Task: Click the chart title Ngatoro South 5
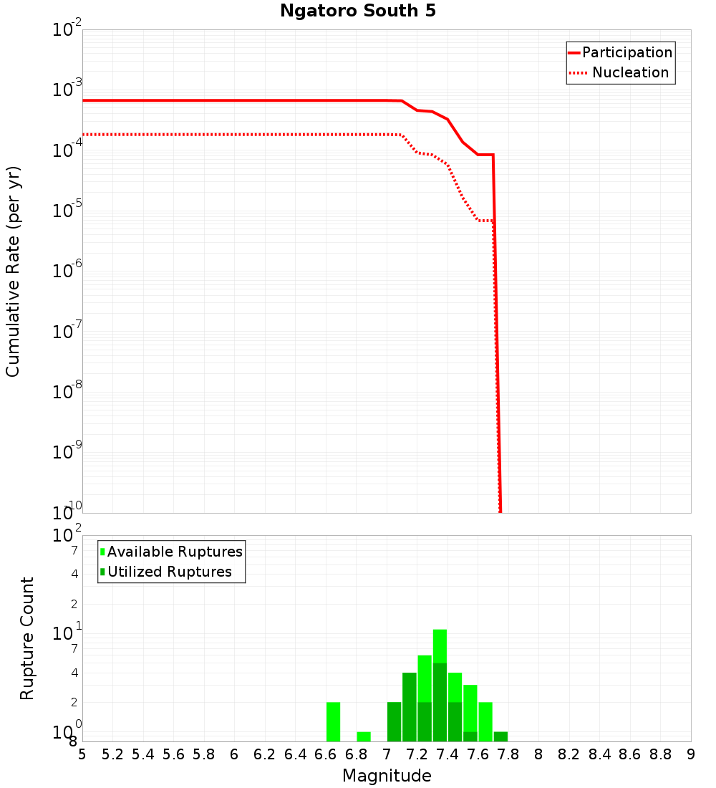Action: pyautogui.click(x=357, y=11)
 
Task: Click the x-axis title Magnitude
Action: pyautogui.click(x=387, y=775)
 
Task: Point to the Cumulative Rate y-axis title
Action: pyautogui.click(x=13, y=271)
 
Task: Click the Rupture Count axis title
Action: pyautogui.click(x=27, y=638)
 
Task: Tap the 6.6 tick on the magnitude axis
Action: pyautogui.click(x=326, y=754)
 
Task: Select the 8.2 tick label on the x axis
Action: pyautogui.click(x=569, y=754)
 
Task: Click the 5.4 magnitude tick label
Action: pyautogui.click(x=143, y=754)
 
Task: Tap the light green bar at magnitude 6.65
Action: pyautogui.click(x=333, y=721)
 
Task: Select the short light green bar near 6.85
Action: pyautogui.click(x=364, y=736)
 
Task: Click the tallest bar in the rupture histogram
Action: pyautogui.click(x=440, y=684)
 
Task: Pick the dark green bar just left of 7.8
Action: pyautogui.click(x=500, y=736)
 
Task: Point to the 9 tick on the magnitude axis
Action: pyautogui.click(x=691, y=754)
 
